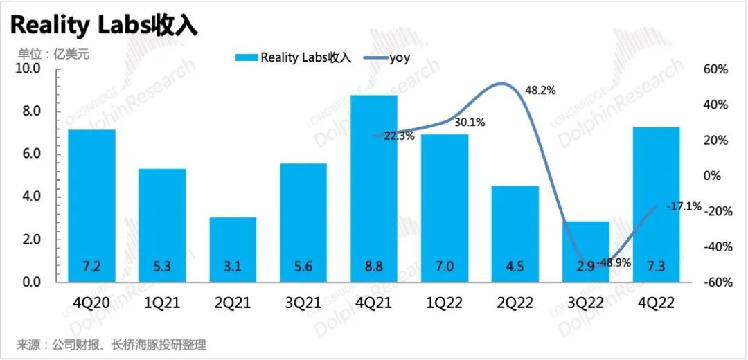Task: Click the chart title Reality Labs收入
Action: (104, 25)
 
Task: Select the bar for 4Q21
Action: (374, 187)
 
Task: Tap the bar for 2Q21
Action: (233, 249)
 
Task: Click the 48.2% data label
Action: (540, 91)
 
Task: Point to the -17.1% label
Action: (684, 206)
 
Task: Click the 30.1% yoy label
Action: (470, 123)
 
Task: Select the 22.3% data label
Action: (399, 136)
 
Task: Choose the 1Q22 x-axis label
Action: (445, 303)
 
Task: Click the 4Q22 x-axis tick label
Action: (656, 303)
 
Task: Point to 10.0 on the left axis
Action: (28, 69)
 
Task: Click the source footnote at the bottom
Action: (112, 344)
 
